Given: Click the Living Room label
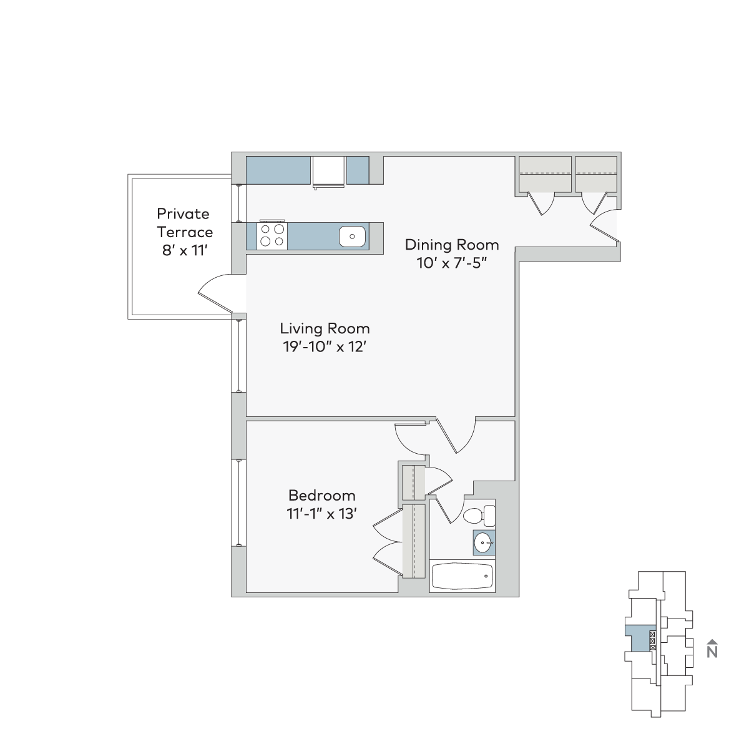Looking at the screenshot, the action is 325,329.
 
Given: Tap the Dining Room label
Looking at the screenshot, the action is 452,245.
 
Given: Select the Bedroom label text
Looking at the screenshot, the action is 322,496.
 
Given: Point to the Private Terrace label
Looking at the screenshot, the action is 185,223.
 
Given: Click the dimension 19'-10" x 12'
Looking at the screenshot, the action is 325,346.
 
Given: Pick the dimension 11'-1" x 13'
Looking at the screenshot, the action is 322,514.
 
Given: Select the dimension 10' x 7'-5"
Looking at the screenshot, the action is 452,263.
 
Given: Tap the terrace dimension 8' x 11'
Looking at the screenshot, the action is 185,250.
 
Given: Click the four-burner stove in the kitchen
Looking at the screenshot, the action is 272,236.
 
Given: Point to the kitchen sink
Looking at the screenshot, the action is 352,237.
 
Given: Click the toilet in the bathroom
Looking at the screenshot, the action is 479,516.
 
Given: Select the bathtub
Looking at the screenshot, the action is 462,577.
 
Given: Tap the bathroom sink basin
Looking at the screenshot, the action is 483,542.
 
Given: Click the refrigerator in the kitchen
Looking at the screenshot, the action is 328,172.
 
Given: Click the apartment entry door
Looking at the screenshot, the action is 604,225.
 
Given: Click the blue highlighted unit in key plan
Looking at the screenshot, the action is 638,644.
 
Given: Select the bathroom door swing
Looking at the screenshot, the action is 449,509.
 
